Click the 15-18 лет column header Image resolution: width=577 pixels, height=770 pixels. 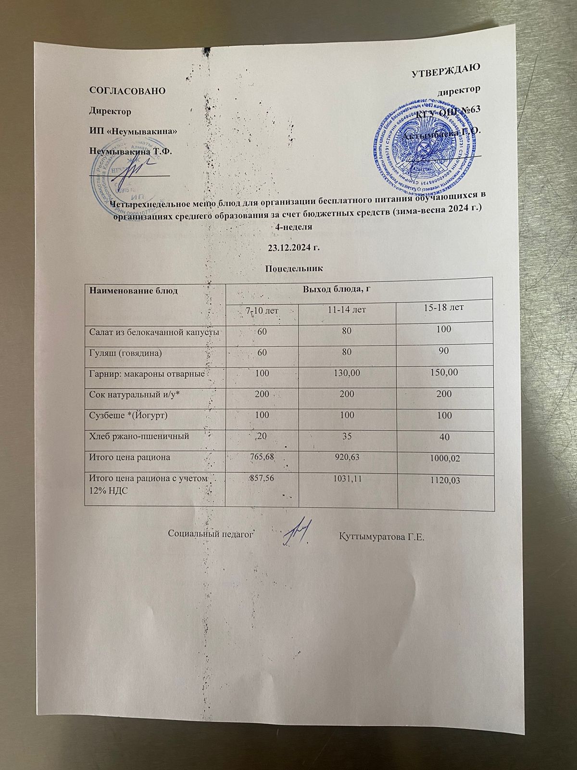443,307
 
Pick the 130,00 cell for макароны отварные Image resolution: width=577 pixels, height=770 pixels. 347,373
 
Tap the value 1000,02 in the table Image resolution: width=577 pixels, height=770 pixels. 444,459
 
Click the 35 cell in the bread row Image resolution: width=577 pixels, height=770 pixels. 347,436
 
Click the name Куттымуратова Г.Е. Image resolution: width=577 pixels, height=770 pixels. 382,536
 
